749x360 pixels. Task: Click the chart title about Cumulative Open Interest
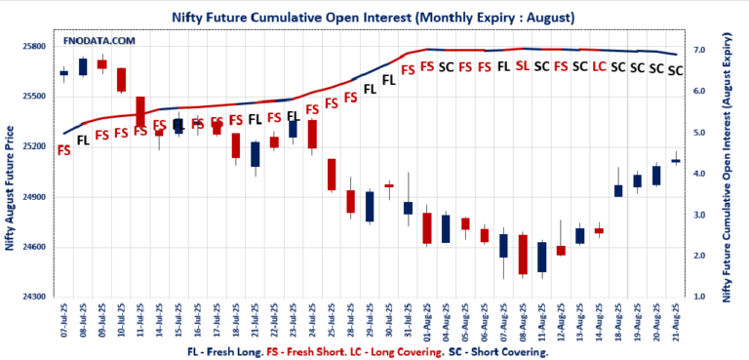coord(374,17)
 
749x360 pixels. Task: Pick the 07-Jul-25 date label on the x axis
coord(64,319)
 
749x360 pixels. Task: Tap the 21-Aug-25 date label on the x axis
coord(676,319)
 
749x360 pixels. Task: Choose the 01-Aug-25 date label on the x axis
coord(427,319)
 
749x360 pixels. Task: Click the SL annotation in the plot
coord(522,66)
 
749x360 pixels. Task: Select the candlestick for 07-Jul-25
coord(63,73)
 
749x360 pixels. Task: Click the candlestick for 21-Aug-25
coord(675,160)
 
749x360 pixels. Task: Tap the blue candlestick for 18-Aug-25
coord(617,190)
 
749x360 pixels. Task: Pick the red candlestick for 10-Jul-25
coord(121,80)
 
